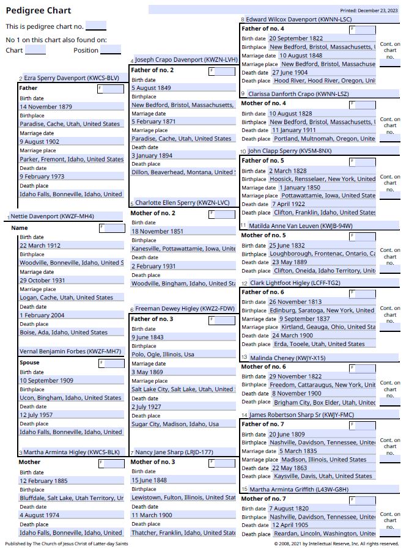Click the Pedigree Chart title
point(39,10)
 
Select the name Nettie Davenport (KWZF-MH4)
point(52,216)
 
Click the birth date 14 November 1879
point(46,107)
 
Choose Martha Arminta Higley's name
point(72,452)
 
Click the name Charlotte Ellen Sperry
point(182,203)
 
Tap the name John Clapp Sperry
point(290,151)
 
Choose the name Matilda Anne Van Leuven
point(300,226)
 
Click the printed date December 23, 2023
point(368,10)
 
